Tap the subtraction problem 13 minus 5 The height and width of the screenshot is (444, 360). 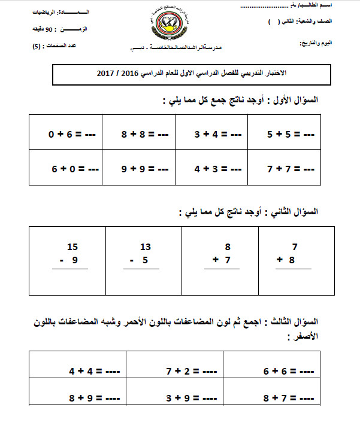(x=142, y=254)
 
